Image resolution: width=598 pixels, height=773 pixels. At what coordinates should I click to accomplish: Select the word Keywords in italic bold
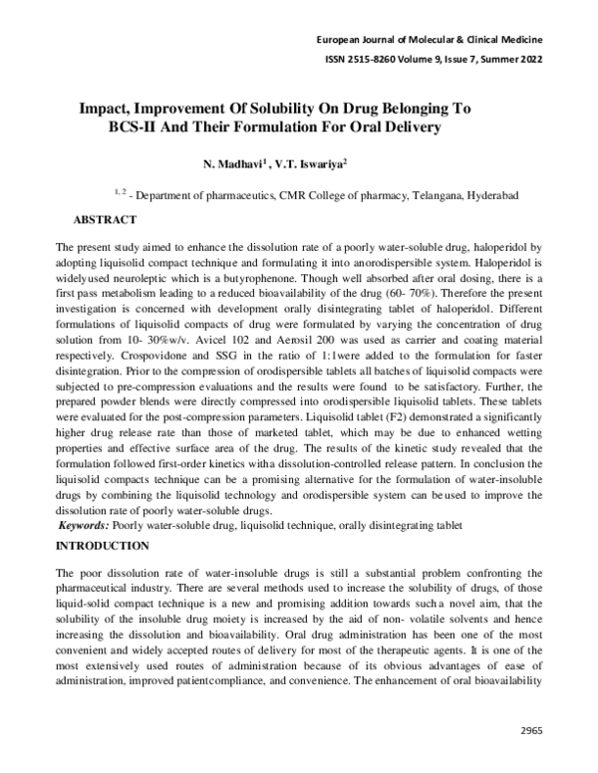point(85,525)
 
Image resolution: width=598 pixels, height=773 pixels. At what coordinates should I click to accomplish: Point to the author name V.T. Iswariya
point(313,161)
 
